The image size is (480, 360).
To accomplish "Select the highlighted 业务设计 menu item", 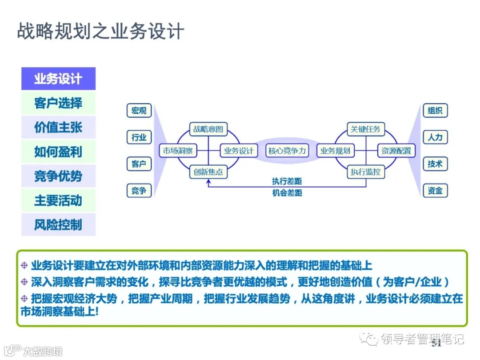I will [x=58, y=79].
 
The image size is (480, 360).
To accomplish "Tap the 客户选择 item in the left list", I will [x=58, y=103].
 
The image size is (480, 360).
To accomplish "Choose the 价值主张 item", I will [x=58, y=128].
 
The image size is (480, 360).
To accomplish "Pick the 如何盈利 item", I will [x=58, y=152].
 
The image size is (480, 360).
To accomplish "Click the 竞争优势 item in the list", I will [x=58, y=176].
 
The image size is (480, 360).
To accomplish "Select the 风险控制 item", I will [x=58, y=225].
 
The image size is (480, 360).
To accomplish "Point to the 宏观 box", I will [x=139, y=111].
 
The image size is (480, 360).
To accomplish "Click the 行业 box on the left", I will [x=139, y=137].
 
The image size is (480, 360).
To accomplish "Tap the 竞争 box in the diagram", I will [x=139, y=191].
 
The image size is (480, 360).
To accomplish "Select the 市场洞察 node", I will [x=177, y=151].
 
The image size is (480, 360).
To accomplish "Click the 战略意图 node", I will [x=208, y=129].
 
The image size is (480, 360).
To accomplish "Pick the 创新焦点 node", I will [x=208, y=172].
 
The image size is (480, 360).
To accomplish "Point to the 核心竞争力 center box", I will [x=287, y=151].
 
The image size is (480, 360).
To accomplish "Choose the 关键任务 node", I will [x=365, y=129].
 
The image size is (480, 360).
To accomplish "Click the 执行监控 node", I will [x=365, y=172].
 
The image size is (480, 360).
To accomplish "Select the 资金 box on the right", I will [x=435, y=191].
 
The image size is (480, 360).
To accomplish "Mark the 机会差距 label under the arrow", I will [x=287, y=193].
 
